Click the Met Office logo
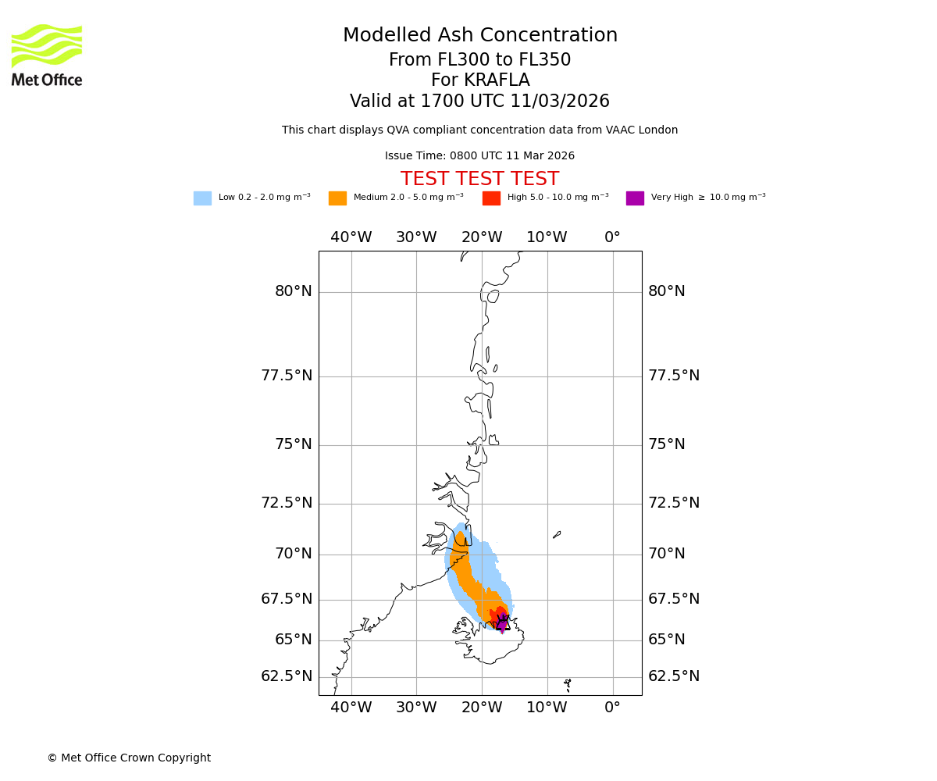tap(47, 55)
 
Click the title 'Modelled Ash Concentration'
tap(480, 36)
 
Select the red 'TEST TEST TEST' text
tap(480, 180)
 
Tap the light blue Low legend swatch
tap(202, 198)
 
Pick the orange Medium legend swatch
tap(337, 198)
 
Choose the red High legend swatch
tap(491, 198)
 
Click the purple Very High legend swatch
tap(635, 198)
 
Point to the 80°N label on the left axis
tap(294, 292)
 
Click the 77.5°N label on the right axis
tap(674, 376)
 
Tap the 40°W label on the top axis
tap(351, 237)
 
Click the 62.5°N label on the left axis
tap(287, 676)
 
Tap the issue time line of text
tap(480, 156)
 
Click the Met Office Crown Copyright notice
tap(129, 758)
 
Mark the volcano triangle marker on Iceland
tap(502, 623)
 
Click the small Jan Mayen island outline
tap(557, 535)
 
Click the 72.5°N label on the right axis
tap(674, 504)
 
